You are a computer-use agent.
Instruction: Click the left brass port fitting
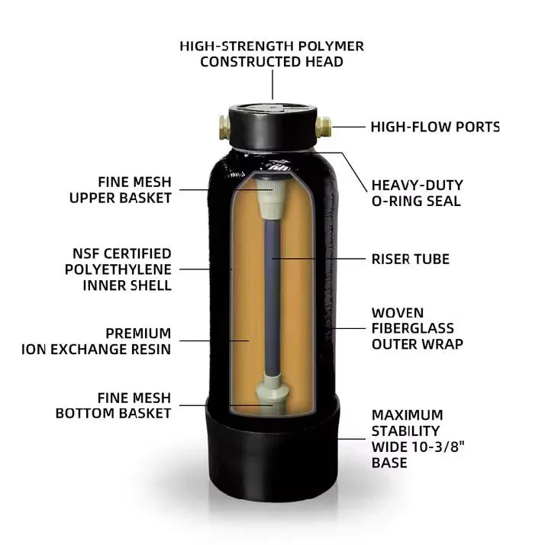click(x=224, y=127)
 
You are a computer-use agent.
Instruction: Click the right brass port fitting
click(x=323, y=127)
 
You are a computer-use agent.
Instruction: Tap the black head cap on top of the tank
click(x=272, y=126)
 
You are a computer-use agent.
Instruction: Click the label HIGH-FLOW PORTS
click(x=435, y=127)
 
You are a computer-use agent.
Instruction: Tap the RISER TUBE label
click(x=410, y=259)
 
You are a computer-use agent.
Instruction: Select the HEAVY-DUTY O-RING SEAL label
click(x=417, y=193)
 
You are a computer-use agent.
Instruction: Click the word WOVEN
click(x=398, y=313)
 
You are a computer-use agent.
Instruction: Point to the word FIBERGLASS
click(x=413, y=328)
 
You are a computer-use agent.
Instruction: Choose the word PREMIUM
click(x=138, y=334)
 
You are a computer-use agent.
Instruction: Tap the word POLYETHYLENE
click(x=118, y=269)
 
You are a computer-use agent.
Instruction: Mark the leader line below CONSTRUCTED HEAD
click(x=272, y=85)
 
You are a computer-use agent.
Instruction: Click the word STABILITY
click(x=405, y=431)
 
